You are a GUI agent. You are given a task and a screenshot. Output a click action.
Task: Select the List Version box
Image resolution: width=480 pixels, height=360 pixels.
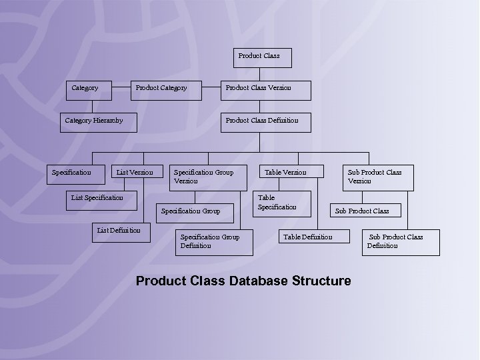[x=135, y=173]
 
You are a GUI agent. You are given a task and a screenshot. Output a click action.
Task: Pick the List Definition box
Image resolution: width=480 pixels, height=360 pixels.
[x=120, y=231]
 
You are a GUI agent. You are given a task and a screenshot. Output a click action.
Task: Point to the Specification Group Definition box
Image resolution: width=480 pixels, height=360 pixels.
[x=214, y=242]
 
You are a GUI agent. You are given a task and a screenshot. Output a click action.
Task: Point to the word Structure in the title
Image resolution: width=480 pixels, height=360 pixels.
[x=321, y=281]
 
